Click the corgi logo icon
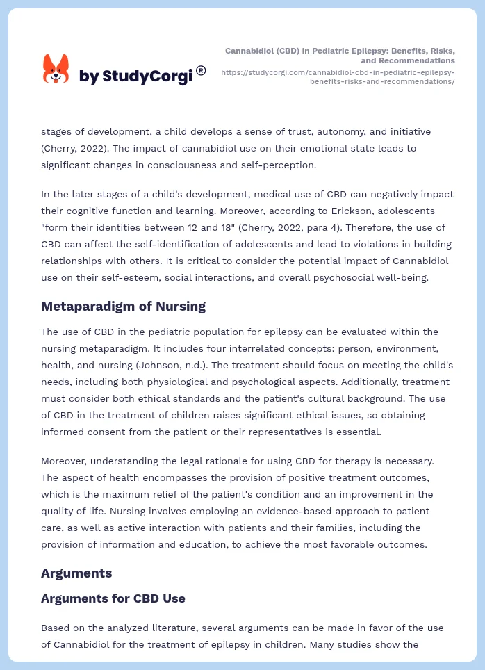[56, 69]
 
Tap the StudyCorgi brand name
[135, 76]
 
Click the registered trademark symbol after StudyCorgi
[201, 70]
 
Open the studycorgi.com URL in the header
[338, 76]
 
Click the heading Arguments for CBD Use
[113, 598]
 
